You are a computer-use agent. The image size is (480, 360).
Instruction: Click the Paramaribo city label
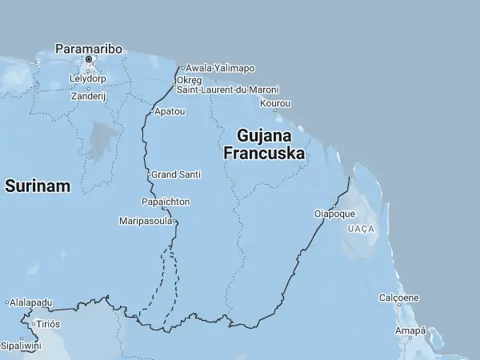[x=89, y=49]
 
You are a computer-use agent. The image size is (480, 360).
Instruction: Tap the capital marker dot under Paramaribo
[x=89, y=59]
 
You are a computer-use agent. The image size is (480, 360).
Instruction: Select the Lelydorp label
[x=87, y=79]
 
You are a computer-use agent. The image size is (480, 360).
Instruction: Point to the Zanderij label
[x=89, y=95]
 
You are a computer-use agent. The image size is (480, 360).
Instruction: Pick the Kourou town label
[x=275, y=104]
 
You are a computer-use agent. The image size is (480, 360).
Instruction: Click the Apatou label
[x=170, y=111]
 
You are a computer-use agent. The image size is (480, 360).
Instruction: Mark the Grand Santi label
[x=177, y=174]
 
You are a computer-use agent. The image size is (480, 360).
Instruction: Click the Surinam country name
[x=38, y=186]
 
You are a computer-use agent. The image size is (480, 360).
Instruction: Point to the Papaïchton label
[x=166, y=202]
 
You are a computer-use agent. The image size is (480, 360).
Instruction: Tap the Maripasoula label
[x=145, y=220]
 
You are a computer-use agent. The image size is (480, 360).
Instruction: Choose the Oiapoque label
[x=334, y=214]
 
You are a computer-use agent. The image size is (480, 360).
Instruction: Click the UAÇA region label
[x=361, y=229]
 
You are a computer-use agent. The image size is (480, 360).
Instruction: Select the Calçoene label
[x=399, y=298]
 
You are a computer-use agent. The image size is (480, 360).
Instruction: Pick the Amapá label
[x=411, y=330]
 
